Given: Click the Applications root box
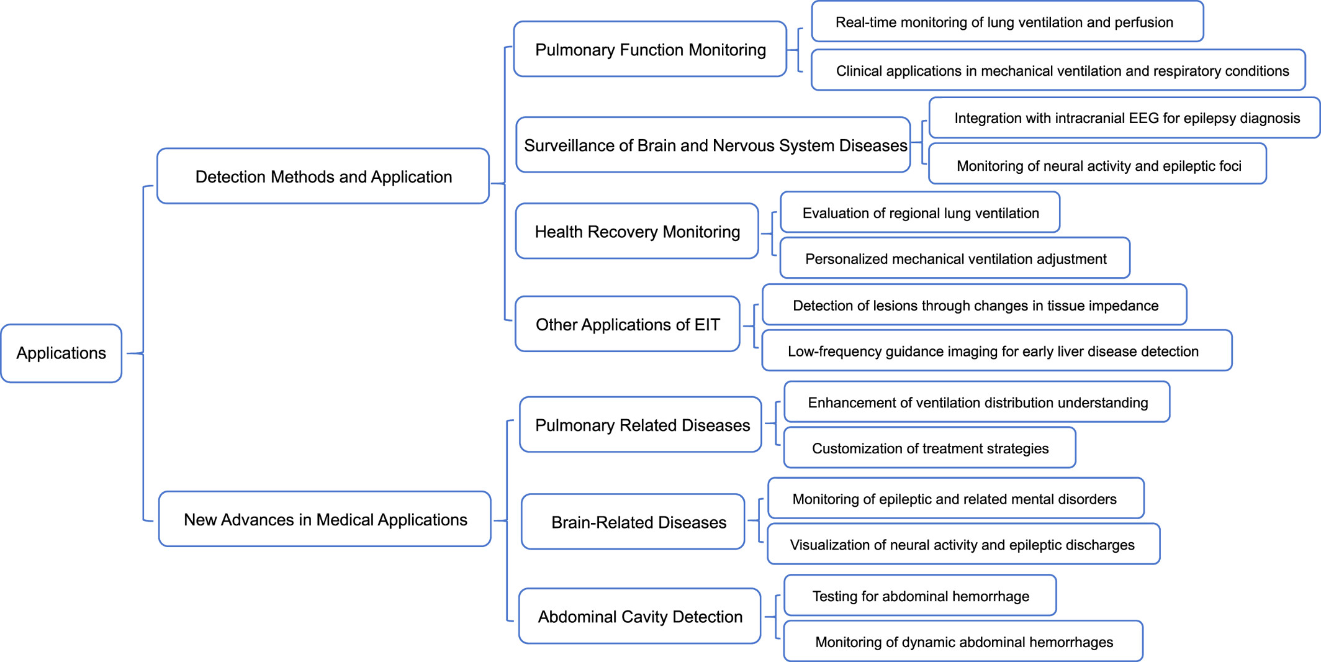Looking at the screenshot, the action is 61,353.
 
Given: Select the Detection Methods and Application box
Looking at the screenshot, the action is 323,176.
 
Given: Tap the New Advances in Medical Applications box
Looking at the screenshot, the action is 325,519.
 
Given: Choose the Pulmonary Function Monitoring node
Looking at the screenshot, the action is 651,49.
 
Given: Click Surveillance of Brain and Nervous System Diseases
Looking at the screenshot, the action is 713,145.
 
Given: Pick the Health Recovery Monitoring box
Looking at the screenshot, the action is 638,231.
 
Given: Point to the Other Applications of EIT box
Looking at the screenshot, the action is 628,324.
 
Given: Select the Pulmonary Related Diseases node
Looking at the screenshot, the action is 641,425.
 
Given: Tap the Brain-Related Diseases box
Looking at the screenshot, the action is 633,522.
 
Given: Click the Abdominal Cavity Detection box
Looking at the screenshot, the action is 640,616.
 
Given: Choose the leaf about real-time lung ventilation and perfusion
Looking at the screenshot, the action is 1008,22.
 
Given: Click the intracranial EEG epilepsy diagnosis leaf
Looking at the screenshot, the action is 1124,118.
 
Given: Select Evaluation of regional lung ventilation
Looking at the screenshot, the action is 920,212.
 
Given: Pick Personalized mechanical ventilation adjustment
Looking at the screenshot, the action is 955,258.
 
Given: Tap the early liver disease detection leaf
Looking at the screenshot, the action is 997,351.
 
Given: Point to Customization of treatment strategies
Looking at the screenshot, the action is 930,448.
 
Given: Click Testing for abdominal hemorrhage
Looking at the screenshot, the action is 920,596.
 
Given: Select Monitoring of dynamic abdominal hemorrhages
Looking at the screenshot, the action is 963,642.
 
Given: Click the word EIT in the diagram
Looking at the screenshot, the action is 707,325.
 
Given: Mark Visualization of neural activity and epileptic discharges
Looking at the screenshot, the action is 963,544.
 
